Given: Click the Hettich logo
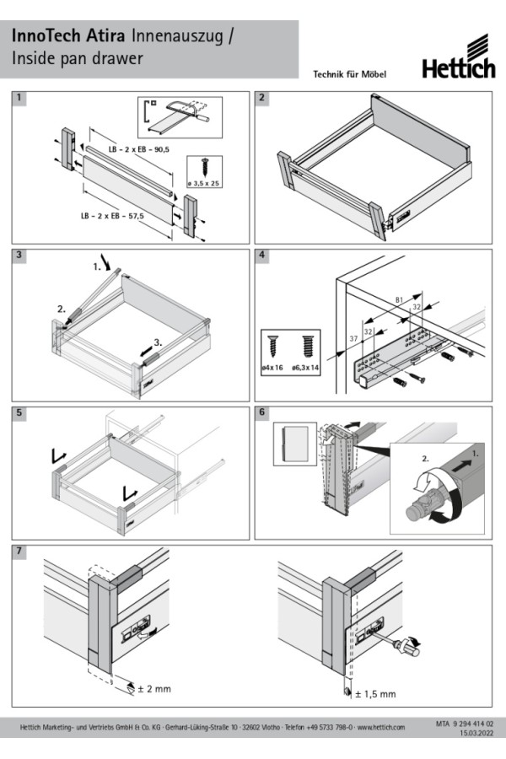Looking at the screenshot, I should tap(459, 58).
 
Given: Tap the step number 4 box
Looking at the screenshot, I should tap(262, 256).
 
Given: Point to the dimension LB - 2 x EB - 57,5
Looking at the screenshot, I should tap(111, 216).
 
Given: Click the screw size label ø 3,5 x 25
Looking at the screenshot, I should tap(203, 182).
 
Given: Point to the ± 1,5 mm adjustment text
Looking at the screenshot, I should tap(375, 693).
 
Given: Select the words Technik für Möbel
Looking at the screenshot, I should tap(349, 74).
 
